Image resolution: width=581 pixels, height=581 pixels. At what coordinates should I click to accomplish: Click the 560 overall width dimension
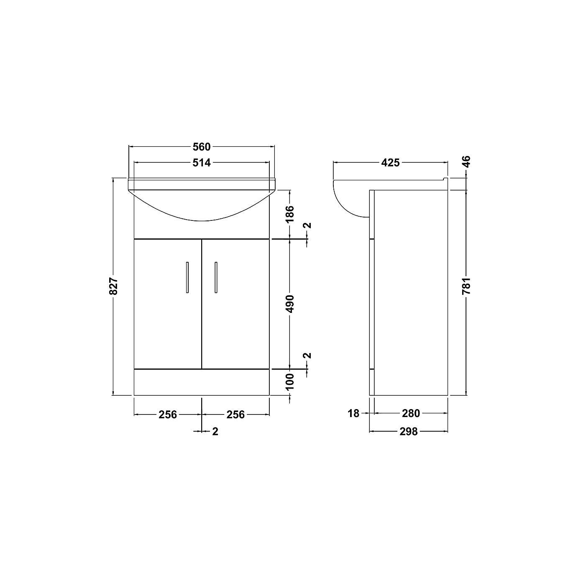[x=202, y=147]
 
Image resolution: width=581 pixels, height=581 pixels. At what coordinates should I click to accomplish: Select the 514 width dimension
[x=202, y=163]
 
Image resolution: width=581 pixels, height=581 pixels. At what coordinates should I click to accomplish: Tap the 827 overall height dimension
[x=114, y=286]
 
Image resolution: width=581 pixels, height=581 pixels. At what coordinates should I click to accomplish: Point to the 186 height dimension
[x=290, y=213]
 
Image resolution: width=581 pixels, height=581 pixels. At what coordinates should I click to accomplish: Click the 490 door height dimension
[x=290, y=304]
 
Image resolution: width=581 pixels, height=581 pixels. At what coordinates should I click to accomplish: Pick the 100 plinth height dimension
[x=290, y=381]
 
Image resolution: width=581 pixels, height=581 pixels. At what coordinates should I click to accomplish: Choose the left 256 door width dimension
[x=167, y=415]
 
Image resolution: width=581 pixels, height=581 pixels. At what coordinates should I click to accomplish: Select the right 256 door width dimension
[x=235, y=415]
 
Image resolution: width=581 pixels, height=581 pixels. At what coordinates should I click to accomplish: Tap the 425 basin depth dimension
[x=390, y=163]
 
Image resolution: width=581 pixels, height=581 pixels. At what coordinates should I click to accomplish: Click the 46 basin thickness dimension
[x=466, y=161]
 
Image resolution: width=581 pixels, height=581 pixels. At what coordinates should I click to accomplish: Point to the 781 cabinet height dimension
[x=466, y=286]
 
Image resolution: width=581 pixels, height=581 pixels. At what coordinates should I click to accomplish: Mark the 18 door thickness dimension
[x=353, y=413]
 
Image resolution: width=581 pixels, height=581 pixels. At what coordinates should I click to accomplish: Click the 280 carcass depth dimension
[x=411, y=413]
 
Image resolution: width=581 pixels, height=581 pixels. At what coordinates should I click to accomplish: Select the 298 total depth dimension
[x=409, y=431]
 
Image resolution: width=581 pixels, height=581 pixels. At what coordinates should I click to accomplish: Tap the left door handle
[x=187, y=277]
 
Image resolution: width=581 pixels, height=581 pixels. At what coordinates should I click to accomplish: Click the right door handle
[x=216, y=277]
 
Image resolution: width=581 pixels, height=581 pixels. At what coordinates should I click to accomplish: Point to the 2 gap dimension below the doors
[x=215, y=431]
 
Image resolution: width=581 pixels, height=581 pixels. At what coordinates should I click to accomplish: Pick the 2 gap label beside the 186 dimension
[x=307, y=225]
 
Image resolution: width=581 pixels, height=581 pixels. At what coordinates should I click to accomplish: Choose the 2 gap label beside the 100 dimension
[x=307, y=356]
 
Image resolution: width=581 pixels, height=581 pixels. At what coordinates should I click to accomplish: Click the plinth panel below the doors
[x=202, y=382]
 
